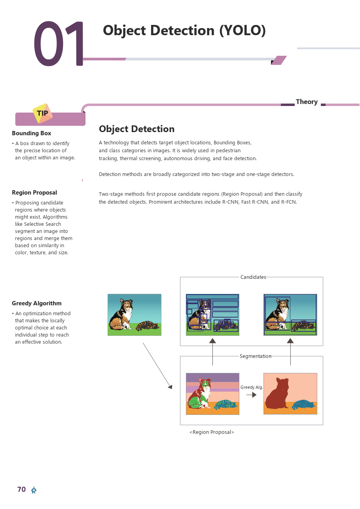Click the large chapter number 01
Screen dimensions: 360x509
(59, 44)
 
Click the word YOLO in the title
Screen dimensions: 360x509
(242, 30)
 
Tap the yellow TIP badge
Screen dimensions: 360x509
(42, 113)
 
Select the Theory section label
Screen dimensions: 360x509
(307, 102)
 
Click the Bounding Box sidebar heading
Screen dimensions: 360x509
(31, 133)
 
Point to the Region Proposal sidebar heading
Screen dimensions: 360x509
(34, 193)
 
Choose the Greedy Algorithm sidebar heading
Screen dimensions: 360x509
(36, 303)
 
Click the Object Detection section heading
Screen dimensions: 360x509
(136, 129)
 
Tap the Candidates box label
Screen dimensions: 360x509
(253, 277)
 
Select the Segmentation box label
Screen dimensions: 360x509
(256, 356)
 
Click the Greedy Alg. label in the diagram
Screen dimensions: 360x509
(251, 387)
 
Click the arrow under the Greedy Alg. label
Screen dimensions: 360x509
(251, 395)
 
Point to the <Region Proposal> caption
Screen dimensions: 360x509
(212, 432)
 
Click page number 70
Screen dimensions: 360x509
(21, 489)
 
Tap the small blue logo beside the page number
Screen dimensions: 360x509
(34, 490)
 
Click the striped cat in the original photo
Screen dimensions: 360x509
(147, 325)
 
